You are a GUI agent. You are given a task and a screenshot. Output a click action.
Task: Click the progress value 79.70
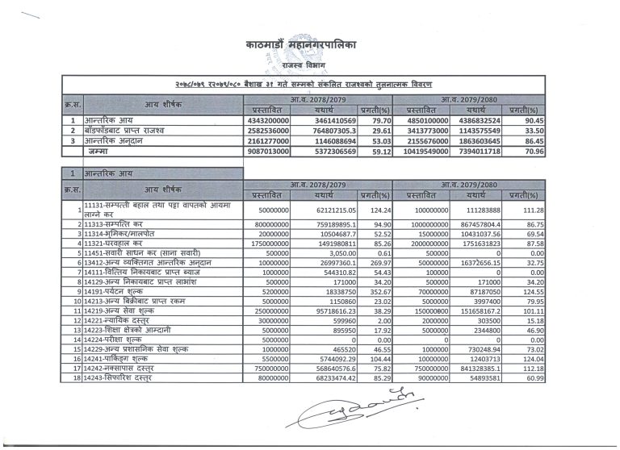[x=378, y=119]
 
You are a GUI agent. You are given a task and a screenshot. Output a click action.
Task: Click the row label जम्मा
[x=101, y=150]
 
